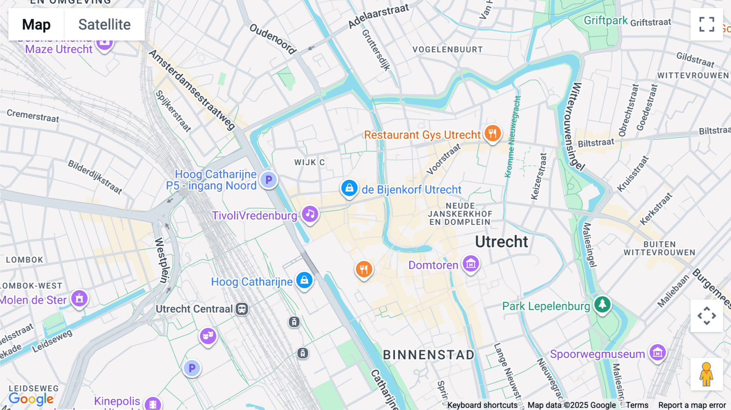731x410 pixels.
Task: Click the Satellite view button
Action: [104, 24]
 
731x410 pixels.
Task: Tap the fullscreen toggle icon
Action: [707, 24]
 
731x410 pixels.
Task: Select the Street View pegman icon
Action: [706, 374]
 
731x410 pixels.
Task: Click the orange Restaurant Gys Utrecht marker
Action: [492, 133]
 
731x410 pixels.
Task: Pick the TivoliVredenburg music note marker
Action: [310, 214]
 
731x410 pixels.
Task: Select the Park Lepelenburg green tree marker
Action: [602, 304]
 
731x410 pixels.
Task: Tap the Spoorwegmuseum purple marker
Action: [657, 352]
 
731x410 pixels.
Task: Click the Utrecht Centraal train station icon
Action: [242, 309]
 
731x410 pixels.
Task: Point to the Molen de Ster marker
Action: [79, 299]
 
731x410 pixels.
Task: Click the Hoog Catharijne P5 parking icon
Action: [268, 180]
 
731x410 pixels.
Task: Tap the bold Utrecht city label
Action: [502, 242]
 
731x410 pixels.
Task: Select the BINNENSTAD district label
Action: [428, 355]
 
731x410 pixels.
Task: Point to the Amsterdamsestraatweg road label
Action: [192, 90]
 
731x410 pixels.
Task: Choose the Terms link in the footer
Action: [637, 405]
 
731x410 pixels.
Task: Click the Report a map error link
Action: [692, 405]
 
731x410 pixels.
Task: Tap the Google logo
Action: [31, 399]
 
